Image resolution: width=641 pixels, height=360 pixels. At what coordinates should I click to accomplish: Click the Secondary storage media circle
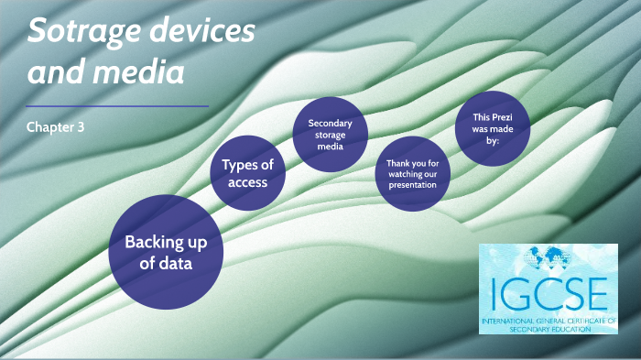[330, 134]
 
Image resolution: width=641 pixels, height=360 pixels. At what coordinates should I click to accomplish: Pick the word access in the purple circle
[247, 182]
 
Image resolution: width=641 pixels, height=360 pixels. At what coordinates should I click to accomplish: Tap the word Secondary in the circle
[330, 123]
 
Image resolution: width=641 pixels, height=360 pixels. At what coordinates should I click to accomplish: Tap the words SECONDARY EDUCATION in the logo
[547, 326]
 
